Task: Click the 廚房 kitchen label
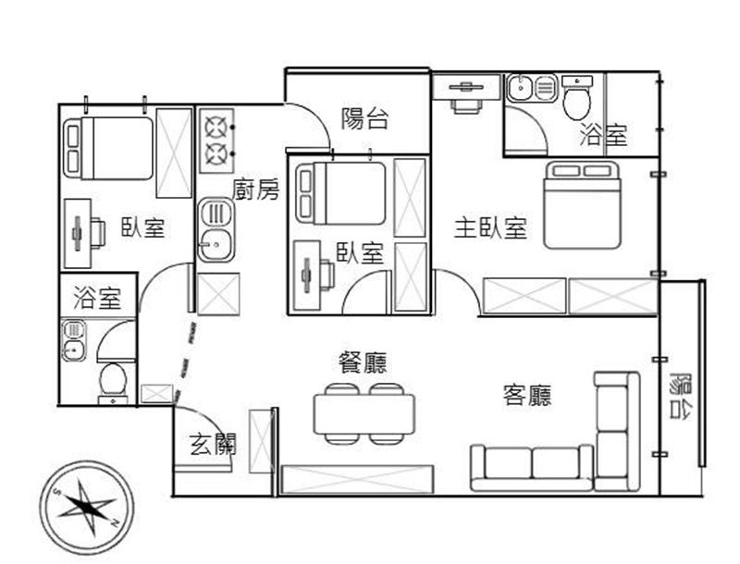pyautogui.click(x=255, y=190)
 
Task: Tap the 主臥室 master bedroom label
pyautogui.click(x=490, y=227)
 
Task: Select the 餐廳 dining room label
pyautogui.click(x=363, y=362)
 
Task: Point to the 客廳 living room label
pyautogui.click(x=527, y=395)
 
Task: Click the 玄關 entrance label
pyautogui.click(x=213, y=444)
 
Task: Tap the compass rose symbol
pyautogui.click(x=87, y=509)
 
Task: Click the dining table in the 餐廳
pyautogui.click(x=364, y=414)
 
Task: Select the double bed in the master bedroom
pyautogui.click(x=582, y=205)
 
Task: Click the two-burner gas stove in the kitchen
pyautogui.click(x=217, y=141)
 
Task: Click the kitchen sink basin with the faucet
pyautogui.click(x=216, y=245)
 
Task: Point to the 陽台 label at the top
pyautogui.click(x=364, y=118)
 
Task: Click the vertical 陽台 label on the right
pyautogui.click(x=681, y=395)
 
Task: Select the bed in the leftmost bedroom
pyautogui.click(x=109, y=149)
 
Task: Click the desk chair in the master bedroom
pyautogui.click(x=466, y=105)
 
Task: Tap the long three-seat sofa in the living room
pyautogui.click(x=533, y=468)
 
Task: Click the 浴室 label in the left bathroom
pyautogui.click(x=97, y=299)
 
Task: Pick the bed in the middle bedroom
pyautogui.click(x=340, y=193)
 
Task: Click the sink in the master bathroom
pyautogui.click(x=521, y=87)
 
